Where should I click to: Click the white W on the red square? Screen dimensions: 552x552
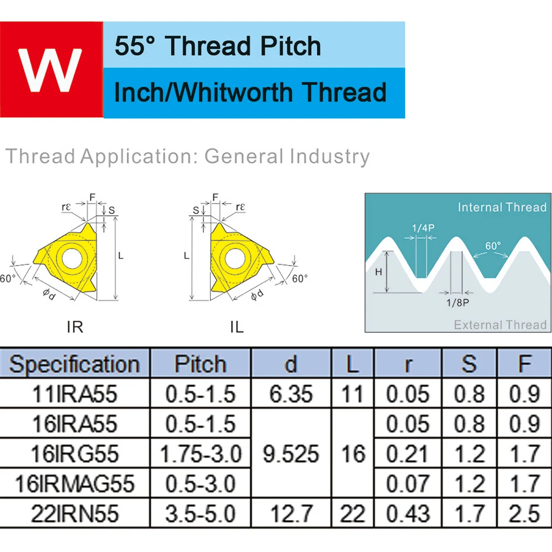pyautogui.click(x=50, y=70)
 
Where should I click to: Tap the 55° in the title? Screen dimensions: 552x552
pyautogui.click(x=135, y=46)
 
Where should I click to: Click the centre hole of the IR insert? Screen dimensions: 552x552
pyautogui.click(x=72, y=259)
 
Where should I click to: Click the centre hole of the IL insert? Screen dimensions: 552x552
pyautogui.click(x=235, y=259)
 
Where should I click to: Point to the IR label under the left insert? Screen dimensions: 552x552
pyautogui.click(x=75, y=327)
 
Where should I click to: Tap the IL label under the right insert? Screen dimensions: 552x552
pyautogui.click(x=237, y=327)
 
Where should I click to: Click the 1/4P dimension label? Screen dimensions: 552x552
pyautogui.click(x=423, y=228)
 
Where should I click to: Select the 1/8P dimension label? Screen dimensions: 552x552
pyautogui.click(x=458, y=303)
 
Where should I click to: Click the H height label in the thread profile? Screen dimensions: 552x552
pyautogui.click(x=379, y=272)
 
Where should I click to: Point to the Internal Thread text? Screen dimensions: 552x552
pyautogui.click(x=502, y=207)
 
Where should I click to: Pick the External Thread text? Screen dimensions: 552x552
pyautogui.click(x=500, y=325)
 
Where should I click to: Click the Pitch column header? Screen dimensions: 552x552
pyautogui.click(x=200, y=364)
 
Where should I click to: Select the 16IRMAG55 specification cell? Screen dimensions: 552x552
pyautogui.click(x=75, y=484)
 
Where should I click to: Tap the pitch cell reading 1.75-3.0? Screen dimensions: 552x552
pyautogui.click(x=201, y=454)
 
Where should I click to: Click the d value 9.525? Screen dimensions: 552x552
pyautogui.click(x=291, y=454)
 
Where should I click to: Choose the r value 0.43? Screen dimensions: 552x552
pyautogui.click(x=408, y=513)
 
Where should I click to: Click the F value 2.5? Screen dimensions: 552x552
pyautogui.click(x=524, y=513)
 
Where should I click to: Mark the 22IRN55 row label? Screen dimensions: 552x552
pyautogui.click(x=75, y=513)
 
